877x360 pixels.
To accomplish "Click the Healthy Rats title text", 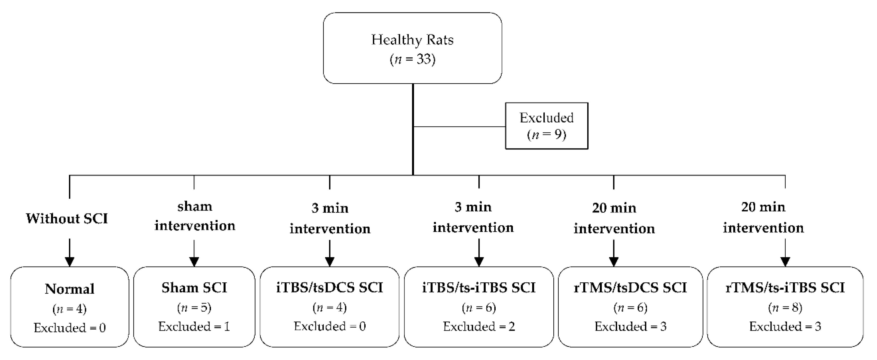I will (x=412, y=40).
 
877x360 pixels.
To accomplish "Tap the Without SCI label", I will (x=67, y=218).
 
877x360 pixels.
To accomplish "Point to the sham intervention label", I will (x=194, y=216).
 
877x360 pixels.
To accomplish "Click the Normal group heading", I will (x=69, y=289).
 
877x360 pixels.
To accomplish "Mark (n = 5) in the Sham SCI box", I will (x=194, y=308).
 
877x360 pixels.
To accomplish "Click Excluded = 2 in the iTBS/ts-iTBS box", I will (x=479, y=327).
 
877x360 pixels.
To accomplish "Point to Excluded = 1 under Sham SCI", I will (x=194, y=327).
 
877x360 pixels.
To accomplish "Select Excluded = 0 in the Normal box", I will (x=69, y=328).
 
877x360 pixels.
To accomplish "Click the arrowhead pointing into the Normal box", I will (x=69, y=261).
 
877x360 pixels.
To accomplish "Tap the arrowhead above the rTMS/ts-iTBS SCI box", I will (x=785, y=261).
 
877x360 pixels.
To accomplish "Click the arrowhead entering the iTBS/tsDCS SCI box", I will (x=330, y=261).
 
